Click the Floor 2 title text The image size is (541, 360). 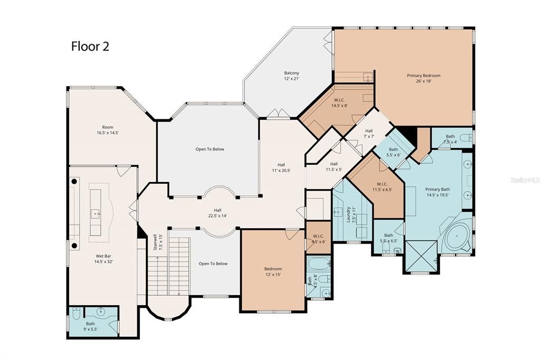[90, 46]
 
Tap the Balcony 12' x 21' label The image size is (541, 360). [292, 76]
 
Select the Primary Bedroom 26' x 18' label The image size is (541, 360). [423, 79]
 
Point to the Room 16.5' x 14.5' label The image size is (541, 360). [108, 130]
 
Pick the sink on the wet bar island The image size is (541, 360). [96, 213]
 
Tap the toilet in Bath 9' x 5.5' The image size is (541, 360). [76, 315]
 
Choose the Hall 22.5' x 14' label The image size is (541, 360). [218, 213]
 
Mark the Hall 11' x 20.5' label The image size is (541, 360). [281, 167]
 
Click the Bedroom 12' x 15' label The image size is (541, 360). [273, 271]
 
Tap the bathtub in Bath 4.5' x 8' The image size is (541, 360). [318, 263]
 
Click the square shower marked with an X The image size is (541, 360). [421, 256]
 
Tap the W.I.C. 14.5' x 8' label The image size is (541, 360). [339, 102]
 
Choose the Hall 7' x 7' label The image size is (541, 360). [368, 134]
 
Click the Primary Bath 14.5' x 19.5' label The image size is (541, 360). [437, 192]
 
